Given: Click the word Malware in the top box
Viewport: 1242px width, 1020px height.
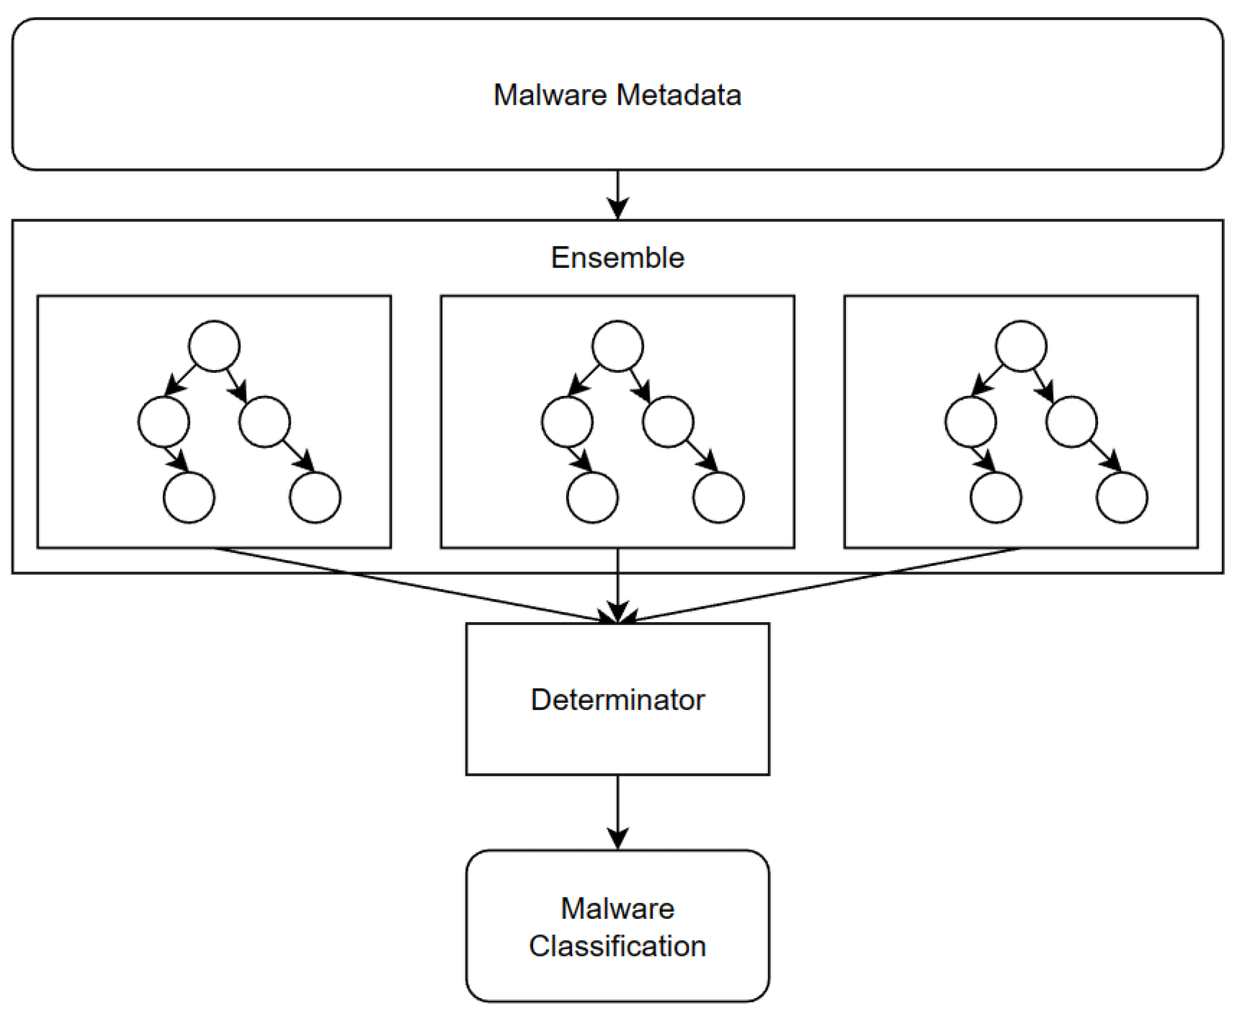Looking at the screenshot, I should (550, 95).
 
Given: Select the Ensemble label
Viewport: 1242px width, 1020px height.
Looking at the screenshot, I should (618, 258).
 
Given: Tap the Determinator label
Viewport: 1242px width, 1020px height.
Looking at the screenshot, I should (618, 700).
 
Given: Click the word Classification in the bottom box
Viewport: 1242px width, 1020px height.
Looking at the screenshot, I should (618, 946).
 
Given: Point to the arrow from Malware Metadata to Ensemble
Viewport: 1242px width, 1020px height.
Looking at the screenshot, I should (618, 195).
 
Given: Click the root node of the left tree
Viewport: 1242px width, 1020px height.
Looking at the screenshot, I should (214, 346).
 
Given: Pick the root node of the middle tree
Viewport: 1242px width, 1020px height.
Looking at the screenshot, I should (618, 346).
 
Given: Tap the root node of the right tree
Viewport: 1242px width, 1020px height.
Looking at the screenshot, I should (1021, 346).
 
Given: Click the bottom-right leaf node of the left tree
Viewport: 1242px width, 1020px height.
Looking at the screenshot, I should (315, 497).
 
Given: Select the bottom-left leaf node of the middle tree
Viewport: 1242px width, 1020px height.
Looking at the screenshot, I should (592, 497).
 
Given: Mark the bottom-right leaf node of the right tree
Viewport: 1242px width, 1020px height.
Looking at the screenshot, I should (1122, 497).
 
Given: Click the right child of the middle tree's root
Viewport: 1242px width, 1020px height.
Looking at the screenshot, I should (668, 421).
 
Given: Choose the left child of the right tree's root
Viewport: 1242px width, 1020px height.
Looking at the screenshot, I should (971, 421).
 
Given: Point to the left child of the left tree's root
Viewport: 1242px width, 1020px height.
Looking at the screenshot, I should (163, 421).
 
